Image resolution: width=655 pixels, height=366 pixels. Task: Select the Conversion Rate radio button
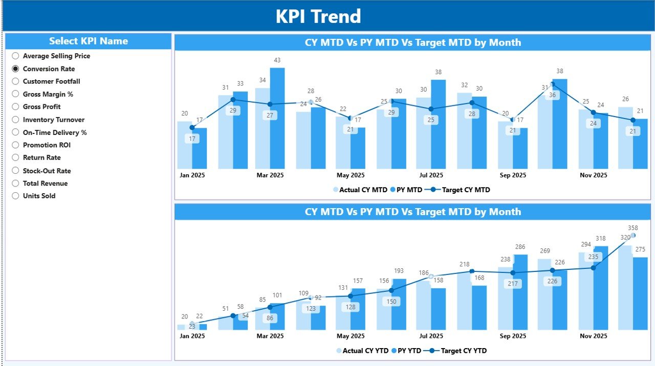[15, 68]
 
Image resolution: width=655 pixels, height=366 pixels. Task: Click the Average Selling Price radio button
[15, 56]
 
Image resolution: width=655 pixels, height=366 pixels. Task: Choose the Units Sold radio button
[15, 196]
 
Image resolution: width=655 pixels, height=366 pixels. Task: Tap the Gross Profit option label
[41, 107]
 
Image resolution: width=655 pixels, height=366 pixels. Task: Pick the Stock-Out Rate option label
[47, 171]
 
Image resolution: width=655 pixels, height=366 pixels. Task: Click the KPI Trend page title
[318, 16]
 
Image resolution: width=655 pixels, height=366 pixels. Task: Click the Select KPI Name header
[89, 41]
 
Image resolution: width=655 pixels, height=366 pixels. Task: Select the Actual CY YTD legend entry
[364, 351]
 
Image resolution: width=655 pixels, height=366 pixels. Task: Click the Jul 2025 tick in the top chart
[430, 175]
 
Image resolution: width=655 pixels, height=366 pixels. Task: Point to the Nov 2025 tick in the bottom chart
[593, 336]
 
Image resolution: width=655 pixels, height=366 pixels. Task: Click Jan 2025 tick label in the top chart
[192, 175]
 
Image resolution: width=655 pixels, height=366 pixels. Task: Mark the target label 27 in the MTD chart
[270, 116]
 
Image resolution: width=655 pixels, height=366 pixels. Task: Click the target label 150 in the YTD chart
[391, 302]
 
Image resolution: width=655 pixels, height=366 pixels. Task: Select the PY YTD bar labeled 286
[520, 291]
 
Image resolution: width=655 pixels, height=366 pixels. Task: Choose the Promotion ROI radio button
[15, 145]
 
